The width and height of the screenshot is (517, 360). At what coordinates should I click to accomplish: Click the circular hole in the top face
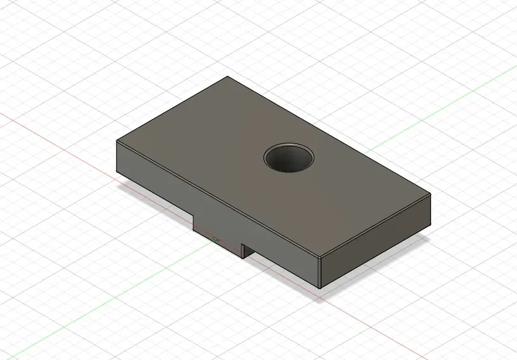[x=290, y=157]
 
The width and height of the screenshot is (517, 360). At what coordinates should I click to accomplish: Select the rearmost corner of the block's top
[x=228, y=77]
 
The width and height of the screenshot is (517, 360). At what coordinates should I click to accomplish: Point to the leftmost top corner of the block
[x=117, y=141]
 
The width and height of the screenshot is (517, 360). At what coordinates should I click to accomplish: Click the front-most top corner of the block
[x=320, y=257]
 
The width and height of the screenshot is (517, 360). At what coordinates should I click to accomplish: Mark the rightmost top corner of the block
[x=431, y=197]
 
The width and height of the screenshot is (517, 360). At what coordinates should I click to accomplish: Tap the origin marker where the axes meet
[x=215, y=237]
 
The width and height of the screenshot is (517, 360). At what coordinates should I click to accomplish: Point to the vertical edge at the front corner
[x=320, y=272]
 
